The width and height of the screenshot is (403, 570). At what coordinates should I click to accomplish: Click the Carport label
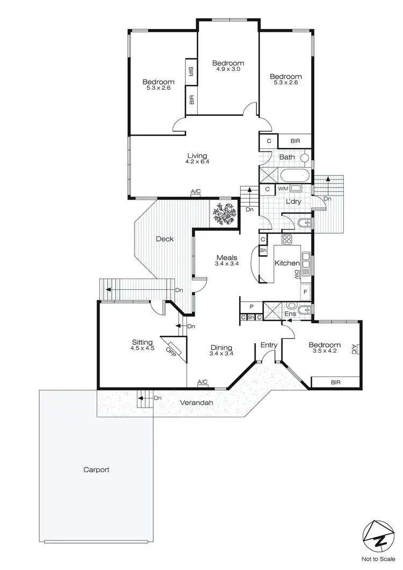(x=96, y=469)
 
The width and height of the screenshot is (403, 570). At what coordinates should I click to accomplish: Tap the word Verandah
(x=195, y=402)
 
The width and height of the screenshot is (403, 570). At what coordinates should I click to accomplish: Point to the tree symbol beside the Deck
(x=224, y=215)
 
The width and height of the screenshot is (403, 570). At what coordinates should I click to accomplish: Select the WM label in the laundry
(x=283, y=189)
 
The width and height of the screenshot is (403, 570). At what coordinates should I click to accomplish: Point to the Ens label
(x=290, y=313)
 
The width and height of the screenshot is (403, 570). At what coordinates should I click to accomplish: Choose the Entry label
(x=269, y=345)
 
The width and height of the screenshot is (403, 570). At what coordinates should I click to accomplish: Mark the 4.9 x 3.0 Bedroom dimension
(x=228, y=69)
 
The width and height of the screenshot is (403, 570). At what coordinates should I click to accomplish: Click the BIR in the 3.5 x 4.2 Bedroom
(x=336, y=382)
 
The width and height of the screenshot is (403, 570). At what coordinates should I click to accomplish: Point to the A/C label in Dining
(x=203, y=382)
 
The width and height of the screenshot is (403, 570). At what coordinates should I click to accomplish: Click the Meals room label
(x=227, y=258)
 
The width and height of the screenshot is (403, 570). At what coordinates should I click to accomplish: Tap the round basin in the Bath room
(x=305, y=159)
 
